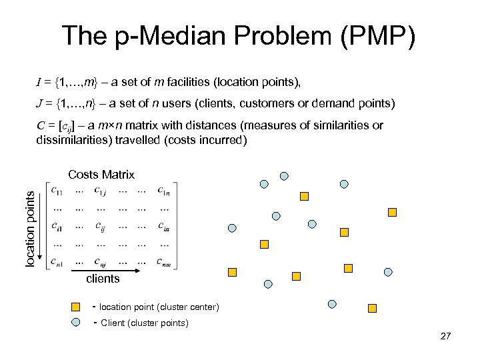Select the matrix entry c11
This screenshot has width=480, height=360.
point(58,191)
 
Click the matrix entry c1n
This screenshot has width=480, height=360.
point(164,191)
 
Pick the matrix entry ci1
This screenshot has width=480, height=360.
point(57,227)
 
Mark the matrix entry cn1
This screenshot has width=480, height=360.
point(57,262)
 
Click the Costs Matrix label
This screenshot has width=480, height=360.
point(101,175)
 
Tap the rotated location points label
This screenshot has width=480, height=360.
point(30,227)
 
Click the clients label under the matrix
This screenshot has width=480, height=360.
point(103,279)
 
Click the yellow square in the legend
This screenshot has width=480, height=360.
point(77,307)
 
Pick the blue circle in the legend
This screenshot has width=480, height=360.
point(77,323)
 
